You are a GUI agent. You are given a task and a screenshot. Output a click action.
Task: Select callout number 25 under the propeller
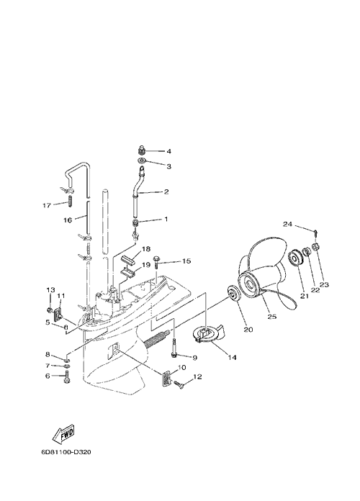point(272,316)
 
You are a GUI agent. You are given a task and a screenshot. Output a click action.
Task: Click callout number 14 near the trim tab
point(232,357)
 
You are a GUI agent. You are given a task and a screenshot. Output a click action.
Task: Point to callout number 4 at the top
point(168,151)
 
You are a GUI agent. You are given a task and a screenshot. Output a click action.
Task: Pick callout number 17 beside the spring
point(47,205)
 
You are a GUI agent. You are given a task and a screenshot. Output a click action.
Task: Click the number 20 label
point(248,330)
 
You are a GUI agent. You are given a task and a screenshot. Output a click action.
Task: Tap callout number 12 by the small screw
point(197,377)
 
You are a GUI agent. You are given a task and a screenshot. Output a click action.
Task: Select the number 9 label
point(194,357)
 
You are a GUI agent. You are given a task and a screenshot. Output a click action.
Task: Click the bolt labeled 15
point(157,262)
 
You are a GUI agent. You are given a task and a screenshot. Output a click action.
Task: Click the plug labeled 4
point(142,150)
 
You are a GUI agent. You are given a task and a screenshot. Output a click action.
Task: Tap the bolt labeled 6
point(67,376)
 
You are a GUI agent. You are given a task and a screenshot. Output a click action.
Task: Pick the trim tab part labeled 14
point(209,334)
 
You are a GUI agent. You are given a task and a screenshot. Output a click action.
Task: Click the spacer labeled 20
point(233,293)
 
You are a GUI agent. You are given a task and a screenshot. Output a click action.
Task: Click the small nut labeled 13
point(50,310)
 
